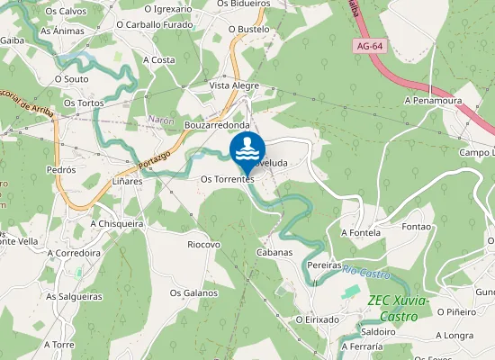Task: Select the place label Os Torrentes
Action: point(227,179)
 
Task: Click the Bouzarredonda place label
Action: point(216,125)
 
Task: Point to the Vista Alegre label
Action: point(234,85)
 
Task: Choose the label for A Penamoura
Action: point(432,101)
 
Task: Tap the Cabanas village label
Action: point(274,252)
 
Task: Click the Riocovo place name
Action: point(203,244)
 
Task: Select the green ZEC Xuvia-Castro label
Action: point(397,306)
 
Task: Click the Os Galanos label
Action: point(193,292)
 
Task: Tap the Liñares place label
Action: point(127,181)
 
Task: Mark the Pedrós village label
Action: point(61,169)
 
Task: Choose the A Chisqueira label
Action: point(117,223)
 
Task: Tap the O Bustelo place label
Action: point(248,29)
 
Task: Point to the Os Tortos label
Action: point(84,103)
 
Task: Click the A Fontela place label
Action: point(360,232)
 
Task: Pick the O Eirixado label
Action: point(317,319)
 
